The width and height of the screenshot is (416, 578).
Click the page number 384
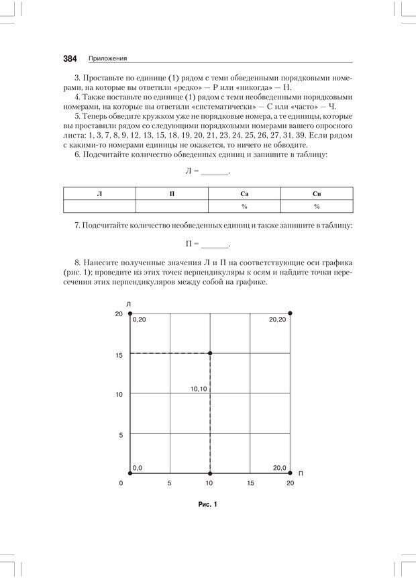pos(70,58)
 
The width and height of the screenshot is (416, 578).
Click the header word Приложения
pos(108,59)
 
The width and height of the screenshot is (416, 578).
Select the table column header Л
pos(99,193)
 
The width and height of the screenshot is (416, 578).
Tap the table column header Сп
pos(317,193)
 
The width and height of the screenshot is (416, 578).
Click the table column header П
pos(172,193)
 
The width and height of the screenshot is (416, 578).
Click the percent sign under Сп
pos(317,207)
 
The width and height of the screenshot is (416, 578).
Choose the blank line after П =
pos(215,245)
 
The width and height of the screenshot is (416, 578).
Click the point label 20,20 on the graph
pos(277,320)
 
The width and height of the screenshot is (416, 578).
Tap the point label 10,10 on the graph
pos(198,389)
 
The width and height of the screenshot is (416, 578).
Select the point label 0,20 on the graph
pos(139,320)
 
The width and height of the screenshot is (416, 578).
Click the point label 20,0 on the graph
pos(279,467)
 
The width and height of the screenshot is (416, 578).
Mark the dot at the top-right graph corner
pos(290,313)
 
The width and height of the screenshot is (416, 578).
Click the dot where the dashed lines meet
pos(210,353)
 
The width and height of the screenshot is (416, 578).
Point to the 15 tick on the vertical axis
pos(119,354)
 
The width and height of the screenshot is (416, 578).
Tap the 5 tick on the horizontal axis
pos(170,483)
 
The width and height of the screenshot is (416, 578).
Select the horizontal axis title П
pos(301,474)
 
